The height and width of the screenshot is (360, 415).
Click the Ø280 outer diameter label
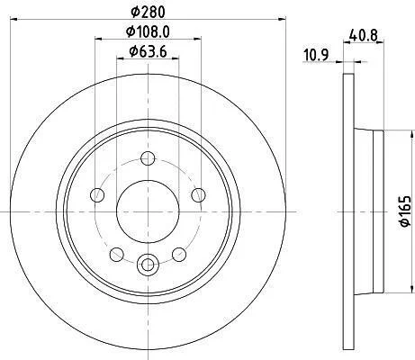149,13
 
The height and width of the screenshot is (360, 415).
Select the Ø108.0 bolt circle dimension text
148,31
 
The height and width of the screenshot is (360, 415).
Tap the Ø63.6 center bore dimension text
148,51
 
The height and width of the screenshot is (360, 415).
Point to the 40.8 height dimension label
363,36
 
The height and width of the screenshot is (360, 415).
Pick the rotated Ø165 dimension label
404,211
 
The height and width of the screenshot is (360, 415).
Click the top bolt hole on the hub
148,158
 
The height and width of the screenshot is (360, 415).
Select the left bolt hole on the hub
97,195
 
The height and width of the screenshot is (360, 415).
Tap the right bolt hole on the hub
198,195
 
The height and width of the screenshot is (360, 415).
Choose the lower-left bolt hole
117,255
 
